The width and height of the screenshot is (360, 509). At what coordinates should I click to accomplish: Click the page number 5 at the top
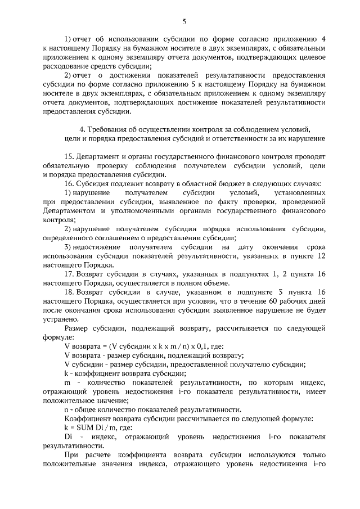tap(184, 21)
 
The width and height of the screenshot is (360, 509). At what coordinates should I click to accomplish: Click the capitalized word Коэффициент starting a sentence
tap(86, 418)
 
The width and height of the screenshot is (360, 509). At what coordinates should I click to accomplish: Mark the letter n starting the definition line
tap(67, 409)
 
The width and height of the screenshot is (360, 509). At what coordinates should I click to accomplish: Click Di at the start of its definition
tap(69, 436)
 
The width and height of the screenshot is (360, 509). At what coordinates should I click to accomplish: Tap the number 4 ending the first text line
tap(324, 40)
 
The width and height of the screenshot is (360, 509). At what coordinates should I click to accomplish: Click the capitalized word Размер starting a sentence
tap(77, 328)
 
